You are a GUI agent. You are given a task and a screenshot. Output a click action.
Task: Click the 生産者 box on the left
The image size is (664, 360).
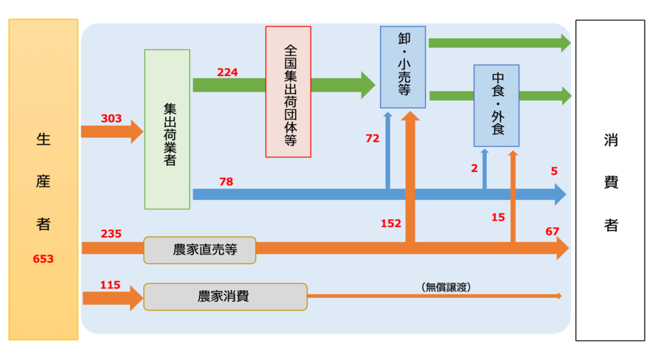point(44,179)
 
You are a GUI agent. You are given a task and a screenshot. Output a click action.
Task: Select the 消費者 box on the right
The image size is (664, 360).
point(610,179)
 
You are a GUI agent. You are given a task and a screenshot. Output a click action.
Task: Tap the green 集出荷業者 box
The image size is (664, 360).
point(167,129)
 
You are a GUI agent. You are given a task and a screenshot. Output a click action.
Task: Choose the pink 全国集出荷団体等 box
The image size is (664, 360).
point(288,91)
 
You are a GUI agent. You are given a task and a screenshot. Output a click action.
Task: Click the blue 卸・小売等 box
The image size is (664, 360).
point(404,67)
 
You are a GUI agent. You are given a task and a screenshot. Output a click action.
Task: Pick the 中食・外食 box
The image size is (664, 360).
point(497,105)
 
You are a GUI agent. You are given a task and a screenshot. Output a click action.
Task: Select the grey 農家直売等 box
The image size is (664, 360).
point(200,250)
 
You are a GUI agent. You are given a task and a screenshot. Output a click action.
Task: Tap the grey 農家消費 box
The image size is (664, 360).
point(225,297)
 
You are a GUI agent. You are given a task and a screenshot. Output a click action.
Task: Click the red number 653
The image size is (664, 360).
point(44,259)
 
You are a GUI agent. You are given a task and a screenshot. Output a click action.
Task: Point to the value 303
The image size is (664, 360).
point(111,118)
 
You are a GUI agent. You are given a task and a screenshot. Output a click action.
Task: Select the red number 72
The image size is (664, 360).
point(372,138)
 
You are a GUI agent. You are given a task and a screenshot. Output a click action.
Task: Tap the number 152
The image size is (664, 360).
point(392,224)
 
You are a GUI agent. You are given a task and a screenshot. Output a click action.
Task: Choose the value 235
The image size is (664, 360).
point(111,234)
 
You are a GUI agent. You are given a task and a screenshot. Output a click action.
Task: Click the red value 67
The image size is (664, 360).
point(553,232)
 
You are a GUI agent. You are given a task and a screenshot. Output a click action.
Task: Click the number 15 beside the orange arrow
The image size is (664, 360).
point(498,217)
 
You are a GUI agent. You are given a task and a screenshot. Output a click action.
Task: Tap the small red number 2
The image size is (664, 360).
point(474,168)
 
